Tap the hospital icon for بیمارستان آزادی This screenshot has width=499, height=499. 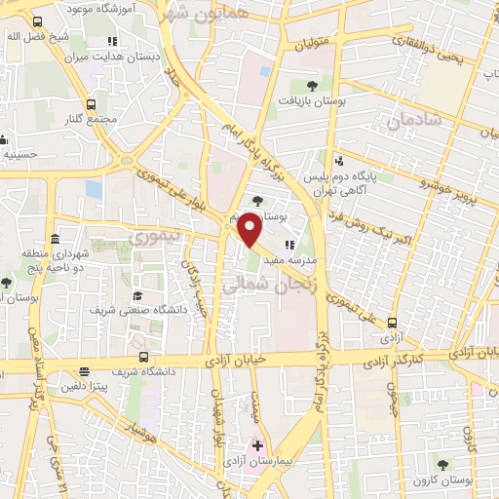[257, 445]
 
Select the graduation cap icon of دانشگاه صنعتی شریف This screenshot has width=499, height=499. [137, 294]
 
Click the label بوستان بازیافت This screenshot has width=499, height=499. [313, 101]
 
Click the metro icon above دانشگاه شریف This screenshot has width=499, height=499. [144, 358]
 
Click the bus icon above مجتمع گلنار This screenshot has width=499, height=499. [91, 103]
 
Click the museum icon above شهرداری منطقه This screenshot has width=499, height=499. [54, 240]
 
